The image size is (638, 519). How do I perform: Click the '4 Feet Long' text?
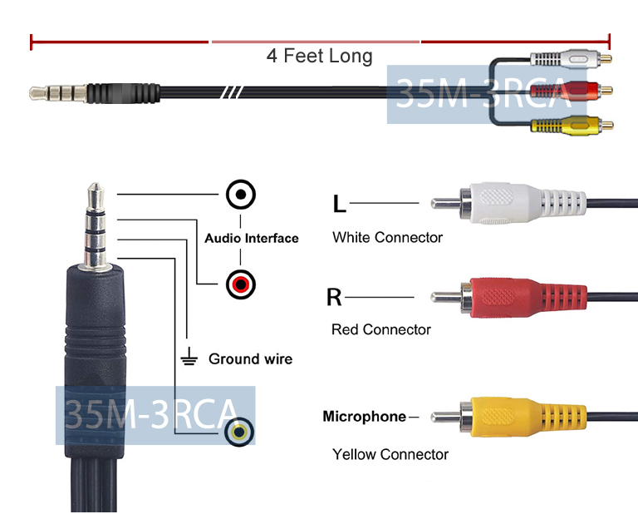(319, 56)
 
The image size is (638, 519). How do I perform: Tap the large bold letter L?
(339, 204)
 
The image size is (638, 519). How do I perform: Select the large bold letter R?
(334, 297)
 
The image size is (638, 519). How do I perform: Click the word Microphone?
(364, 417)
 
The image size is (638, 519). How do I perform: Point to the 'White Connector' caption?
(387, 238)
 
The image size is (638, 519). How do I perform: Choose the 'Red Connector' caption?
(380, 330)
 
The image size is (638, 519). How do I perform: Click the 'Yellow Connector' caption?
(390, 455)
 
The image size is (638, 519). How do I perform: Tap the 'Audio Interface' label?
(251, 239)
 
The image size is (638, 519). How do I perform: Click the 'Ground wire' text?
(250, 359)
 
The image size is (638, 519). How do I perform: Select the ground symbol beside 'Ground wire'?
(189, 359)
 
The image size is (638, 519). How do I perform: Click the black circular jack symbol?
(241, 195)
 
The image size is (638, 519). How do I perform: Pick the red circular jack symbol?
(241, 285)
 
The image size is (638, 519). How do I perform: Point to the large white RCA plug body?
(515, 203)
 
